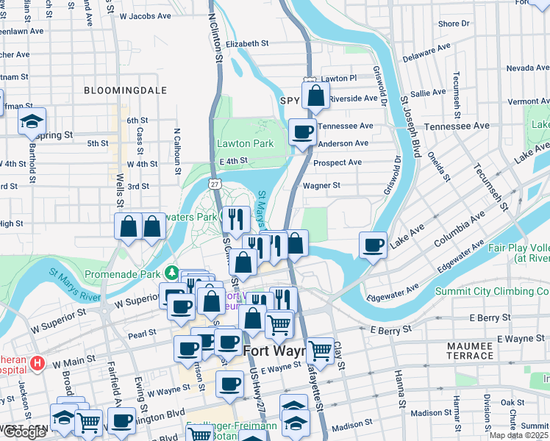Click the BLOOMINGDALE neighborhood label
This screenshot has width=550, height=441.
(x=125, y=90)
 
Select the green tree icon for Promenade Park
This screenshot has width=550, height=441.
(x=172, y=273)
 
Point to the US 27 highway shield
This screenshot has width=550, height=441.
(x=214, y=182)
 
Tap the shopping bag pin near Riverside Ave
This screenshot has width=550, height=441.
(x=315, y=96)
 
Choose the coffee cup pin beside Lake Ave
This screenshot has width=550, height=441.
(x=374, y=244)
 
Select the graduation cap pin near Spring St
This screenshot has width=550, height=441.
(x=32, y=121)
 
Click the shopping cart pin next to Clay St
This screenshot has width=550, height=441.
(x=320, y=350)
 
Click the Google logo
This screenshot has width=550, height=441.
(x=24, y=432)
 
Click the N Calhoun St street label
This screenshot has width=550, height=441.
(x=177, y=151)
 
